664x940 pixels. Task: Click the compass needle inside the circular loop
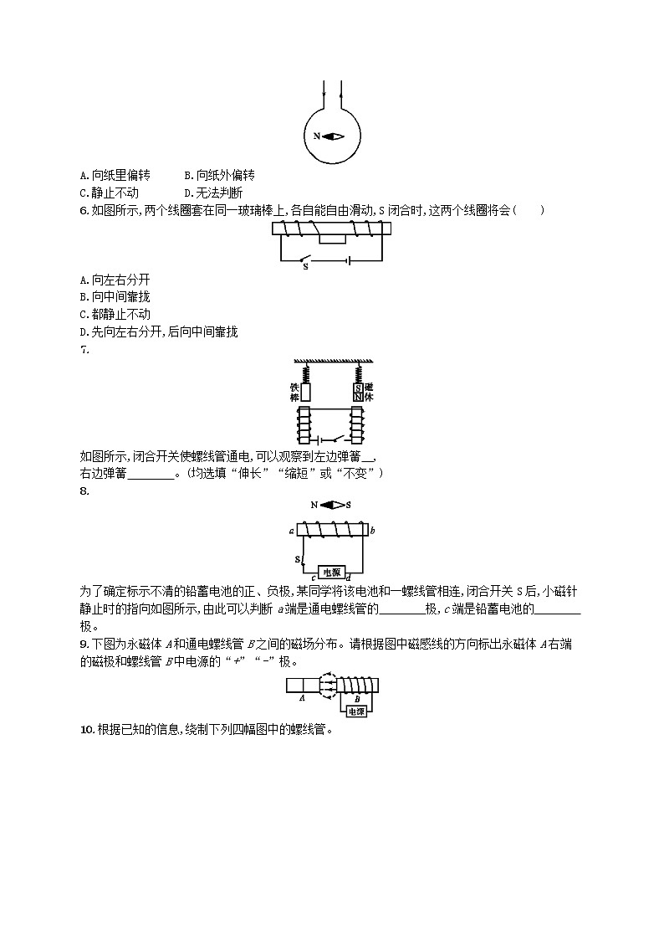[332, 136]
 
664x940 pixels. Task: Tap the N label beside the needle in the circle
[317, 136]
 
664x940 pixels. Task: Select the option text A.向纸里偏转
[115, 176]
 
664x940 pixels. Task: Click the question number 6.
[84, 210]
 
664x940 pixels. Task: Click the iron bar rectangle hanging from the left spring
[305, 391]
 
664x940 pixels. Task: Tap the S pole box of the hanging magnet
[357, 388]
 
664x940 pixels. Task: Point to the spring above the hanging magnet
[358, 372]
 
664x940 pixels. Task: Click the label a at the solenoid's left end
[290, 531]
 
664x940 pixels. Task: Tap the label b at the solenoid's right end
[371, 531]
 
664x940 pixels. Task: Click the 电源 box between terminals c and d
[331, 573]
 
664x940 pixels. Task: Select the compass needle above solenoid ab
[331, 505]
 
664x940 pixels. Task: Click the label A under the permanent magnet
[301, 696]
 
